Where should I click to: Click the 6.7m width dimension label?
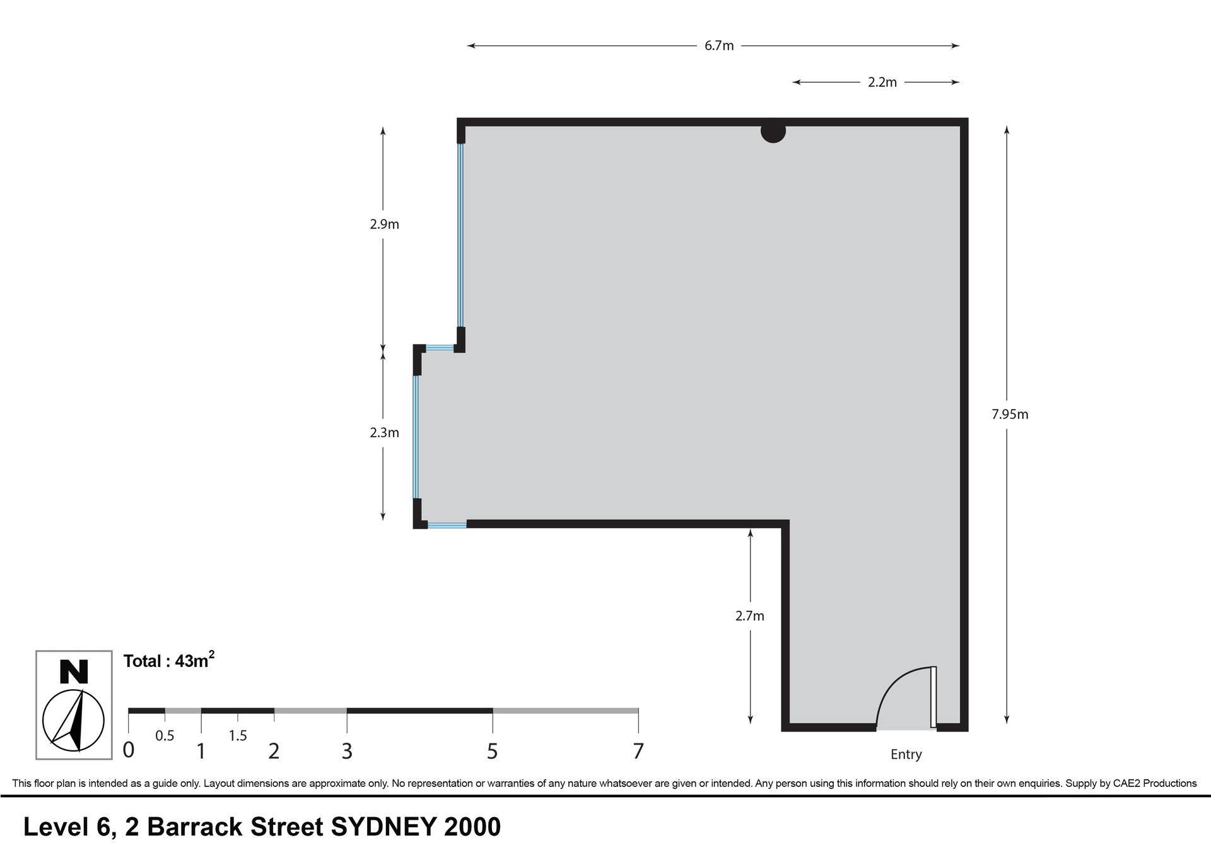719,46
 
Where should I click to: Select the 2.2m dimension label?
882,83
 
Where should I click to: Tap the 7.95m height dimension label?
1010,415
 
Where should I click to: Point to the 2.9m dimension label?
384,225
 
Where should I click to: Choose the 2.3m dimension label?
384,433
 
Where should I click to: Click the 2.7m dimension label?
750,616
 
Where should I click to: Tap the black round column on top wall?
773,131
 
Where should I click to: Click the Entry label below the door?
906,755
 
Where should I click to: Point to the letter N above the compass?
74,671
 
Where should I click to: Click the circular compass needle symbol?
73,721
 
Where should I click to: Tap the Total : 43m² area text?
169,661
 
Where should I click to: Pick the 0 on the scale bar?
128,750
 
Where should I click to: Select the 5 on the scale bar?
492,751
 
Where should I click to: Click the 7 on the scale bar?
638,751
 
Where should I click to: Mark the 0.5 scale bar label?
165,736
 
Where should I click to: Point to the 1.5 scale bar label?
238,736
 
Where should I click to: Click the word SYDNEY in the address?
383,827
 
